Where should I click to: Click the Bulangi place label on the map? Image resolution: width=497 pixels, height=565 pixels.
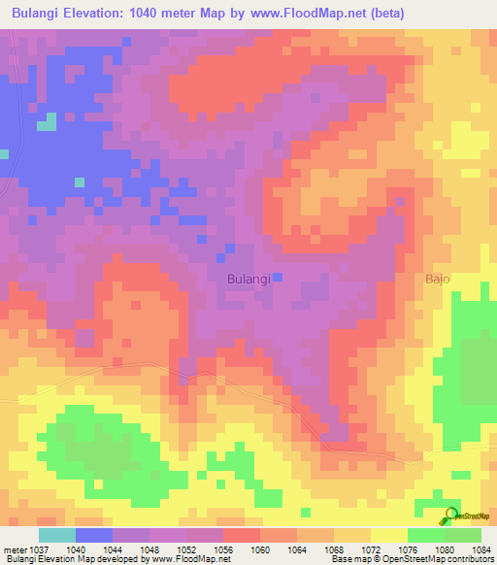click(248, 279)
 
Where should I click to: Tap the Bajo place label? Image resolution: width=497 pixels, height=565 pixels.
click(438, 279)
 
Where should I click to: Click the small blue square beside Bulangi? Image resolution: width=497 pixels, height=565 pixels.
click(277, 278)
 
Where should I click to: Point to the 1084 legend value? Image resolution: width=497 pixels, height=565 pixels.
click(481, 548)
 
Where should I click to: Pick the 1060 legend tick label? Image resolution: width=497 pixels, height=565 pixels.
click(260, 548)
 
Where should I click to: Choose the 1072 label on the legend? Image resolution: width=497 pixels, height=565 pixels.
click(370, 548)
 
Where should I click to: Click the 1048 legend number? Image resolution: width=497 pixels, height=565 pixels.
click(149, 548)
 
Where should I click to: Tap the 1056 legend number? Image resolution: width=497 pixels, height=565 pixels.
click(223, 548)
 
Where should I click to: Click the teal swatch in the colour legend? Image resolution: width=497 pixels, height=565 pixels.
click(57, 535)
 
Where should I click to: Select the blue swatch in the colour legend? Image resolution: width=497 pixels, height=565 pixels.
click(94, 535)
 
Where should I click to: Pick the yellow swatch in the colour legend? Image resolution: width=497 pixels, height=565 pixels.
click(388, 535)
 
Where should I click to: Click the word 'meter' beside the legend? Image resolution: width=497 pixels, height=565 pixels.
click(17, 548)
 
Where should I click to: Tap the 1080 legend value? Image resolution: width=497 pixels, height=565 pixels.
click(445, 548)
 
